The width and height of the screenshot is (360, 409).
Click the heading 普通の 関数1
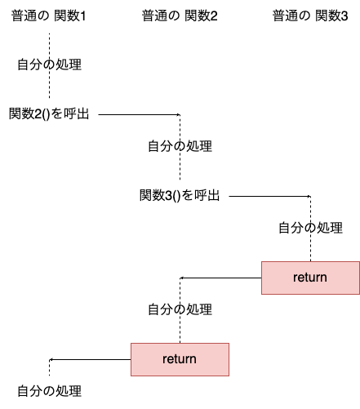49,16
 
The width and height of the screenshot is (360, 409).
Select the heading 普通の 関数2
180,16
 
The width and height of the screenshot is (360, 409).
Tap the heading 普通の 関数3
310,16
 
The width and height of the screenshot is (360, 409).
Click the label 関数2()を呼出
49,113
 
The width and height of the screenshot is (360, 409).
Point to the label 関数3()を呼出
180,195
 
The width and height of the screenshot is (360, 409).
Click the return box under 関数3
310,278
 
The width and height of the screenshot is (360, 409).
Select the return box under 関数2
180,359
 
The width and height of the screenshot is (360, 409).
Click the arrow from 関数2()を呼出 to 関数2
139,114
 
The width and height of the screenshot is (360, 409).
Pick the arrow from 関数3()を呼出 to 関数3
269,196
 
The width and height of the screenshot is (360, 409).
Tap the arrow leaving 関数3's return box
220,278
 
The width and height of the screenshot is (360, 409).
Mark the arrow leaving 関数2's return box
90,359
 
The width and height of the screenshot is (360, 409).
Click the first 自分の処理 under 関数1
49,64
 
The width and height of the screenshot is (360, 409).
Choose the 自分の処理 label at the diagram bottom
49,391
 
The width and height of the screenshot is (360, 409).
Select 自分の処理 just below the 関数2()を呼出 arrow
180,146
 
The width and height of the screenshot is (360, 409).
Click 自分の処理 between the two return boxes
180,309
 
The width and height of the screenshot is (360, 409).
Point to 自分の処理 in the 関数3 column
310,228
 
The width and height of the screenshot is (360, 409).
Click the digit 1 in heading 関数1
83,16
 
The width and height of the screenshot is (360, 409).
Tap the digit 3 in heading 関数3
344,16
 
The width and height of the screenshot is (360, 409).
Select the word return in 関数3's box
310,278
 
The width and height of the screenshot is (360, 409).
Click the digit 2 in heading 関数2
214,16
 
